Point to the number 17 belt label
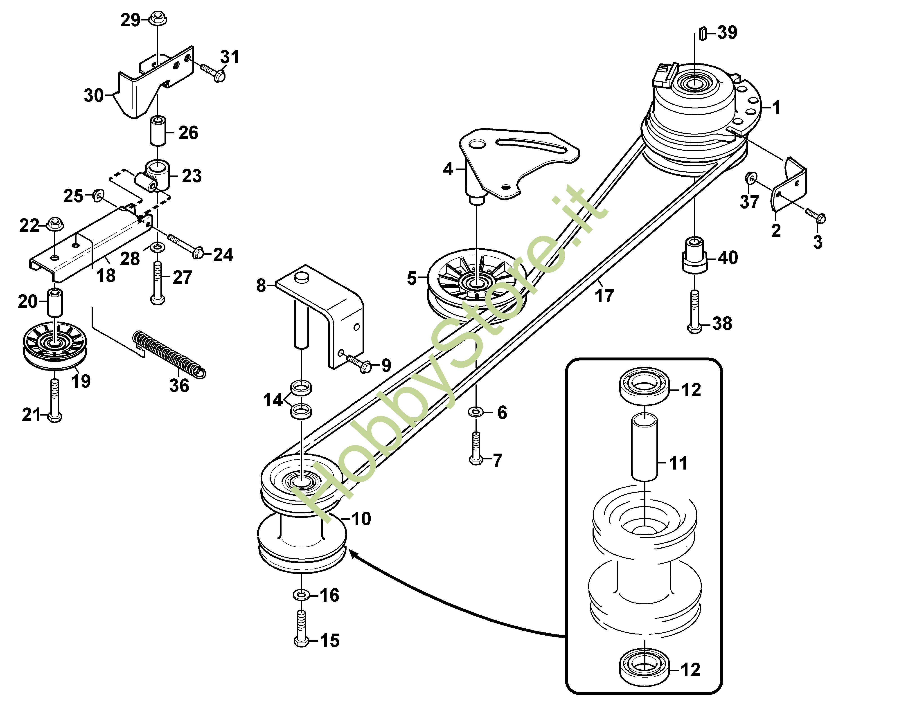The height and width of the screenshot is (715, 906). (604, 296)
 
